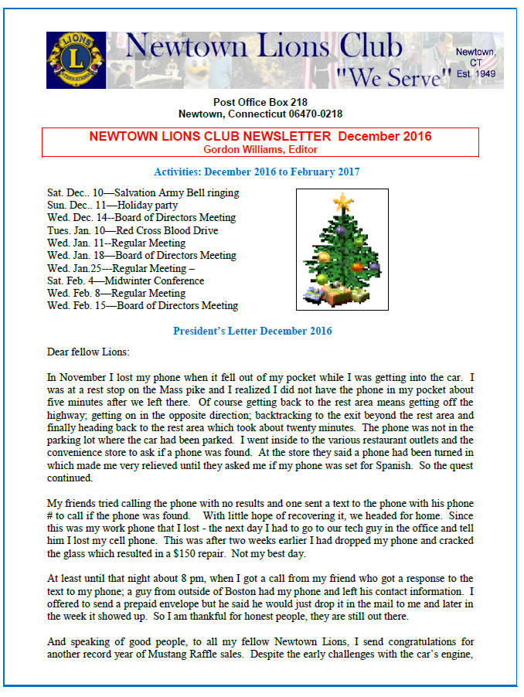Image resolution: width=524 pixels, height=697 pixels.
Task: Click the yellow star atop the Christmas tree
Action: pyautogui.click(x=342, y=203)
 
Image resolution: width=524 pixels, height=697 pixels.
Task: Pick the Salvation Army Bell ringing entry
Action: pyautogui.click(x=143, y=192)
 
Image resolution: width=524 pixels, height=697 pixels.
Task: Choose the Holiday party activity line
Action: pyautogui.click(x=112, y=205)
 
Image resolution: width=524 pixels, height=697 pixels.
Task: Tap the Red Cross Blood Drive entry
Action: pyautogui.click(x=132, y=230)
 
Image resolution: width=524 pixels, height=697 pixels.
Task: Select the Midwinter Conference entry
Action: pyautogui.click(x=125, y=280)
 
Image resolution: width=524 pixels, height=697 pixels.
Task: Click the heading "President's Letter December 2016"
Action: pyautogui.click(x=252, y=331)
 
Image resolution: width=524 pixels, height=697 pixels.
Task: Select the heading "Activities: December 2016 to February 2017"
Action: pyautogui.click(x=257, y=172)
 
